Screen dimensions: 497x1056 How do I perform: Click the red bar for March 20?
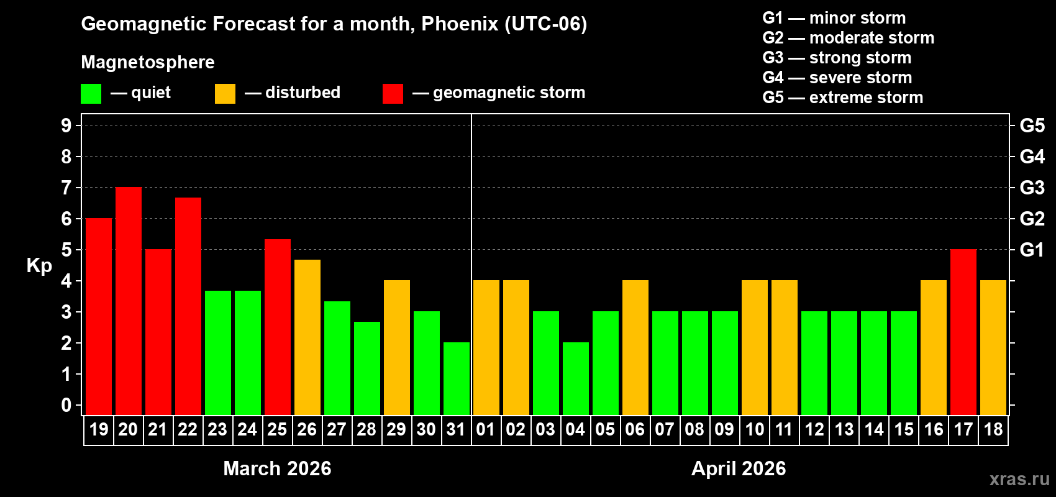[129, 301]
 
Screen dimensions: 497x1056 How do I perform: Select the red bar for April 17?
[963, 332]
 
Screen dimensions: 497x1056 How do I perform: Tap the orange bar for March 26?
[307, 337]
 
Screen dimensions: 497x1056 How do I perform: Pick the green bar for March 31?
[457, 379]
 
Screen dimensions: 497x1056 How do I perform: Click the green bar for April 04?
[576, 379]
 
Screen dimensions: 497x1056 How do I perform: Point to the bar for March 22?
[188, 306]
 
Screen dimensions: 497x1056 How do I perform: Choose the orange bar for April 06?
[635, 348]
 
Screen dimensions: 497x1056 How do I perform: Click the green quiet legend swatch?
[91, 94]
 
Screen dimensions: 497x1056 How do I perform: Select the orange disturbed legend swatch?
[225, 94]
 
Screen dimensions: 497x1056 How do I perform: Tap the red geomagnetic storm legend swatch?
[393, 94]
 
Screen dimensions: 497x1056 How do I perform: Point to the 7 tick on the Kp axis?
[66, 188]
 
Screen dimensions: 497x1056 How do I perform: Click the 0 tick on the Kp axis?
[66, 406]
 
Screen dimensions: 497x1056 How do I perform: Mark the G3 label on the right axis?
[1032, 188]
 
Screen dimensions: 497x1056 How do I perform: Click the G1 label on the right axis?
[1032, 250]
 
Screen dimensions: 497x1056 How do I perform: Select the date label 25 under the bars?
[277, 429]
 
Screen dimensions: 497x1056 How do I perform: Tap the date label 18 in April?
[993, 429]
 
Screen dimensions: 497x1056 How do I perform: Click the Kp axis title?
[39, 266]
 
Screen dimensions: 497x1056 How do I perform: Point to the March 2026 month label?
[277, 468]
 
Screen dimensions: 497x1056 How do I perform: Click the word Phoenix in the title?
[460, 24]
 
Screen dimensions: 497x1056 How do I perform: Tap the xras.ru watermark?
[1019, 479]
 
